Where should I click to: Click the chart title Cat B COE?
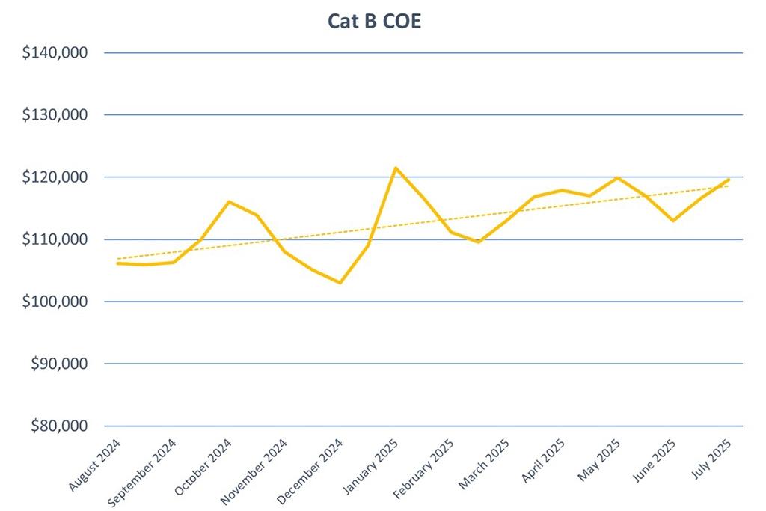pyautogui.click(x=374, y=21)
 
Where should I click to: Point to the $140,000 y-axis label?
pyautogui.click(x=56, y=53)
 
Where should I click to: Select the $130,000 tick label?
pyautogui.click(x=56, y=115)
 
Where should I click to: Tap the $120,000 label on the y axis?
pyautogui.click(x=56, y=177)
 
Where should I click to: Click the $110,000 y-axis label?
pyautogui.click(x=56, y=239)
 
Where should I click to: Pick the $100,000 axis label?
pyautogui.click(x=56, y=302)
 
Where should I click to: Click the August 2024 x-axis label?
pyautogui.click(x=96, y=465)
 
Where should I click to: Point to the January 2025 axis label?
pyautogui.click(x=372, y=465)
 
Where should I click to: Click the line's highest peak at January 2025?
pyautogui.click(x=396, y=168)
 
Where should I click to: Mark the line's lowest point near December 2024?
pyautogui.click(x=340, y=282)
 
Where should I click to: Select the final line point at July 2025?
pyautogui.click(x=729, y=180)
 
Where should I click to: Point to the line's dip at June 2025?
pyautogui.click(x=673, y=221)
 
